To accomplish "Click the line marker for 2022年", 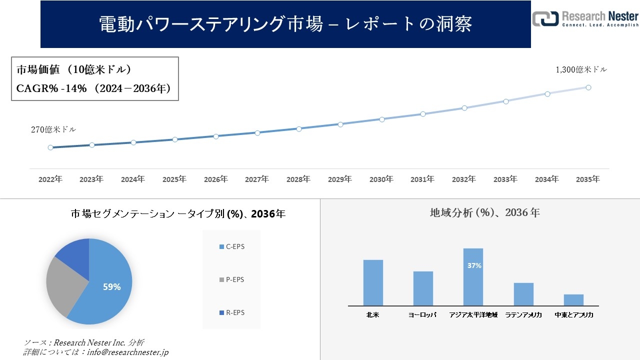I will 50,147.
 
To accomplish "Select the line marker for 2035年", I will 588,87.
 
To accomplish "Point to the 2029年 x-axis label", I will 340,179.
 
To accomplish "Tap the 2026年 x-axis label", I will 216,179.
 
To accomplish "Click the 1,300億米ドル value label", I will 581,70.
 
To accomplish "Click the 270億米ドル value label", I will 53,129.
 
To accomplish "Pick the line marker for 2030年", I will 382,119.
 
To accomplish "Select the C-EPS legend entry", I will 232,246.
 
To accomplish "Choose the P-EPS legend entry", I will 232,279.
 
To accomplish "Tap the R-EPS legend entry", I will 232,312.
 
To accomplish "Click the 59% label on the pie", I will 111,287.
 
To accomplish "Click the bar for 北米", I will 373,282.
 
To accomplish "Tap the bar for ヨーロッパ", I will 423,288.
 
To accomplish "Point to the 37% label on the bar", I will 474,265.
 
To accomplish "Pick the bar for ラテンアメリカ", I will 523,294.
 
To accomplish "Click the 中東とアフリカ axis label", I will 573,315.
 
